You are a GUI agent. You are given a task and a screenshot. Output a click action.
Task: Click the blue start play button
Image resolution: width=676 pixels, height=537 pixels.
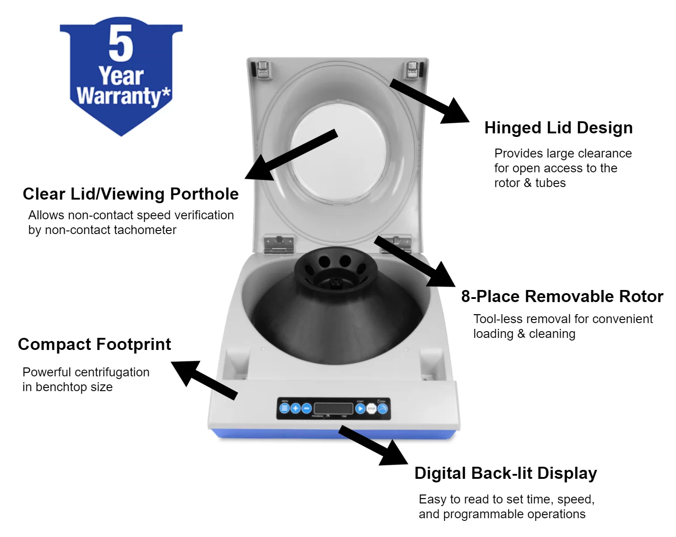pyautogui.click(x=360, y=409)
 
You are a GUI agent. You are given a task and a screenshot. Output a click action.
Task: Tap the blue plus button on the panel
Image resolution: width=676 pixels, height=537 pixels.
pyautogui.click(x=295, y=409)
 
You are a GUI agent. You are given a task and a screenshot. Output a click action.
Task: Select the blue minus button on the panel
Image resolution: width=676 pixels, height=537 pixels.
pyautogui.click(x=306, y=409)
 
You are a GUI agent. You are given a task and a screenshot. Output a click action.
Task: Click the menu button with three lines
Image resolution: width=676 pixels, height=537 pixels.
pyautogui.click(x=284, y=409)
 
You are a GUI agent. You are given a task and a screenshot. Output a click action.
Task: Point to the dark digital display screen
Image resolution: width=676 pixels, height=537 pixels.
pyautogui.click(x=333, y=409)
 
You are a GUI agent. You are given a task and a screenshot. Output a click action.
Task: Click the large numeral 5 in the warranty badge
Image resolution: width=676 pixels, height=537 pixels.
pyautogui.click(x=121, y=43)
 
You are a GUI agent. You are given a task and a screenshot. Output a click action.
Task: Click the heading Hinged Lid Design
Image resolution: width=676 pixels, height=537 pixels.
pyautogui.click(x=558, y=128)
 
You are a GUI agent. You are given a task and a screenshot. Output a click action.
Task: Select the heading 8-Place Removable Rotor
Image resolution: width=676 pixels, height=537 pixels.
pyautogui.click(x=562, y=297)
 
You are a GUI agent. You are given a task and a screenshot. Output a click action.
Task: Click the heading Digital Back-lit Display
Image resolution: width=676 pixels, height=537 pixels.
pyautogui.click(x=506, y=473)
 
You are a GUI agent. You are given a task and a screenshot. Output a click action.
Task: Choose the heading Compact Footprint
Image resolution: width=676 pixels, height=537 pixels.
pyautogui.click(x=94, y=345)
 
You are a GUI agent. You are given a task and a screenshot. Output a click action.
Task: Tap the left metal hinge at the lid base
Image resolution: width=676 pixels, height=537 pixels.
pyautogui.click(x=278, y=244)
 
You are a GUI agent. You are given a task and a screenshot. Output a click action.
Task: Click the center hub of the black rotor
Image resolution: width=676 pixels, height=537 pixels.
pyautogui.click(x=335, y=281)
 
